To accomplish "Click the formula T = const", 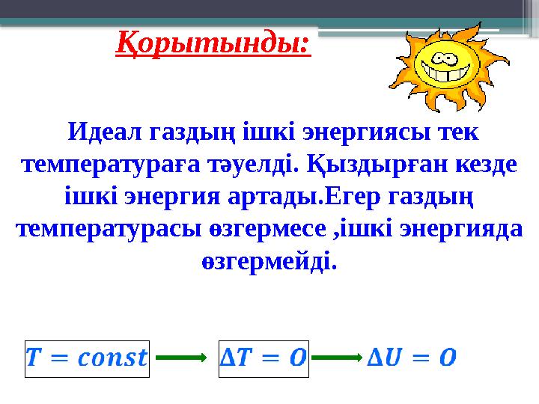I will click(x=87, y=356).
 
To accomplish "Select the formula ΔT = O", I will click(x=263, y=356).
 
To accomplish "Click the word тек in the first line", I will click(x=457, y=133).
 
